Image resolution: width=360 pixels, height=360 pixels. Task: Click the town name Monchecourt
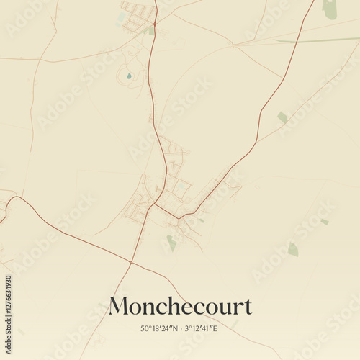tap(180, 307)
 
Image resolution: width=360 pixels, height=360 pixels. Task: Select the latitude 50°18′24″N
tap(159, 328)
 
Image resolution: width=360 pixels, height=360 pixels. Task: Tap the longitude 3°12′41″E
tap(201, 328)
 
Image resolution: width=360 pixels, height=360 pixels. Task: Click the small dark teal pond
tap(129, 76)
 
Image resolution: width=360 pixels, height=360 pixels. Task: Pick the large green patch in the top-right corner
tap(330, 10)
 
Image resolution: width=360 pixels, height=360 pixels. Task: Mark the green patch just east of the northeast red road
tap(282, 117)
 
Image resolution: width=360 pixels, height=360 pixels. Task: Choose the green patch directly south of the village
tap(171, 243)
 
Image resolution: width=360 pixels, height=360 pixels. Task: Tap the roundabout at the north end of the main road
tap(153, 23)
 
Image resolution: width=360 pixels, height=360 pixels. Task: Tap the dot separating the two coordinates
tap(180, 328)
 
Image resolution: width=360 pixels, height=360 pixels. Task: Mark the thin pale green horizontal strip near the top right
tap(317, 40)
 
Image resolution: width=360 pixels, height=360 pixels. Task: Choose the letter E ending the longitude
tap(215, 328)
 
